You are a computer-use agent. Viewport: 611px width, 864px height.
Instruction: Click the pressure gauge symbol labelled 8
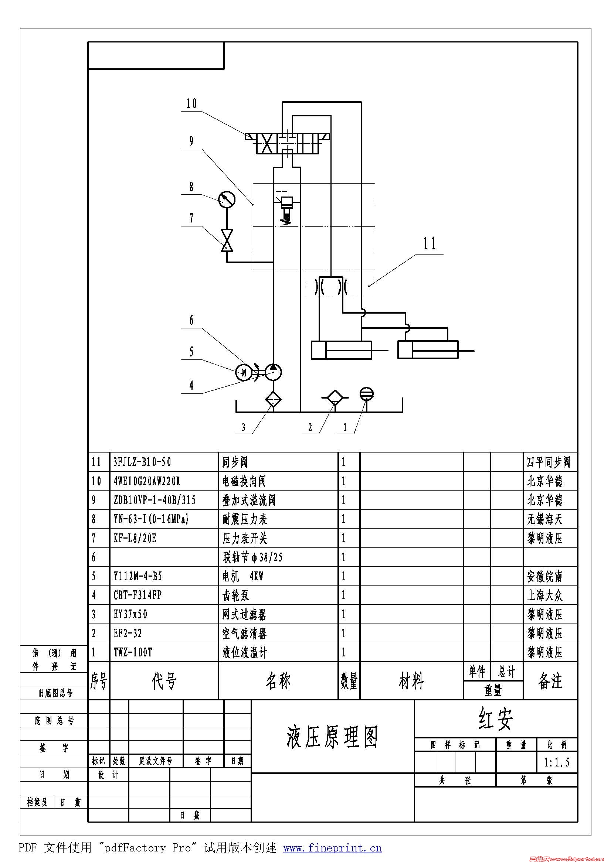(227, 199)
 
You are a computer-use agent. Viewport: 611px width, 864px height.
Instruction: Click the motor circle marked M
(244, 372)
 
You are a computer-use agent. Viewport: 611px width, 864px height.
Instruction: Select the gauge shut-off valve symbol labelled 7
(227, 240)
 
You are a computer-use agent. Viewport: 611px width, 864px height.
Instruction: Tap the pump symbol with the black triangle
(273, 372)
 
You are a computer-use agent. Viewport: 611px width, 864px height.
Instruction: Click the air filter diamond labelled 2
(335, 397)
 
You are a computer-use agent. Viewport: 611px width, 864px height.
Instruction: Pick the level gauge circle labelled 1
(367, 394)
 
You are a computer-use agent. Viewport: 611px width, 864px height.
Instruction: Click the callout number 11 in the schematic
(430, 243)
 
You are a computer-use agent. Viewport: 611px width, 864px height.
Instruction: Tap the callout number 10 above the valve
(191, 103)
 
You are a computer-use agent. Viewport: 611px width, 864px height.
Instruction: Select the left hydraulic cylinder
(342, 350)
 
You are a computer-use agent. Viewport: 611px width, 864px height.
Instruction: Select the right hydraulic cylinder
(428, 350)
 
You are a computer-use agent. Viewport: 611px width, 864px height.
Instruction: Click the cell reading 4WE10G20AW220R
(147, 481)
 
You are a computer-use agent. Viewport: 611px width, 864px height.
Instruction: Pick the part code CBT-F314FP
(138, 595)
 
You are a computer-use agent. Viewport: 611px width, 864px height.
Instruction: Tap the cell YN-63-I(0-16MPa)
(151, 519)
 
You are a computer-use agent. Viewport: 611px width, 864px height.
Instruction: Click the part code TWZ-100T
(133, 652)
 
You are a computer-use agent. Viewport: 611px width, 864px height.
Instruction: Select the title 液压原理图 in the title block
(332, 737)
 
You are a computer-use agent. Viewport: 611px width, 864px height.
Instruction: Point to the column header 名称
(278, 681)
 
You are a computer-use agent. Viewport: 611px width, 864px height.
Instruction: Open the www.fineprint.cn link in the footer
(332, 848)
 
